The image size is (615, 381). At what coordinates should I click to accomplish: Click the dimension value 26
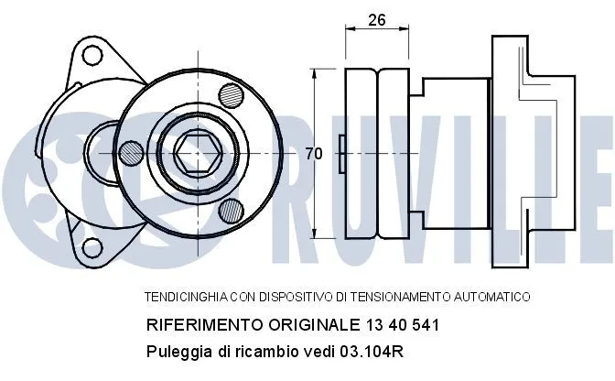click(x=377, y=19)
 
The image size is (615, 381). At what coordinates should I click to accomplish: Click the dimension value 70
click(x=314, y=154)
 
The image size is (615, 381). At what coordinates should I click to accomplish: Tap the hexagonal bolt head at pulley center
click(x=198, y=154)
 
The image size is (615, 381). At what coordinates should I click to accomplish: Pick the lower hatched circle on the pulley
click(x=231, y=211)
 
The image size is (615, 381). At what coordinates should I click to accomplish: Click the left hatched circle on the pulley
click(x=132, y=154)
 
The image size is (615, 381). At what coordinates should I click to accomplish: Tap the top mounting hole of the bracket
click(x=92, y=55)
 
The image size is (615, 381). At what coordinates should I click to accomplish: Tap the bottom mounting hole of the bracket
click(x=92, y=247)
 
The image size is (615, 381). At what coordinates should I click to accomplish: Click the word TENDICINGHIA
click(x=186, y=297)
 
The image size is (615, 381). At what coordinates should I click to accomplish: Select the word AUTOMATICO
click(x=491, y=297)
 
